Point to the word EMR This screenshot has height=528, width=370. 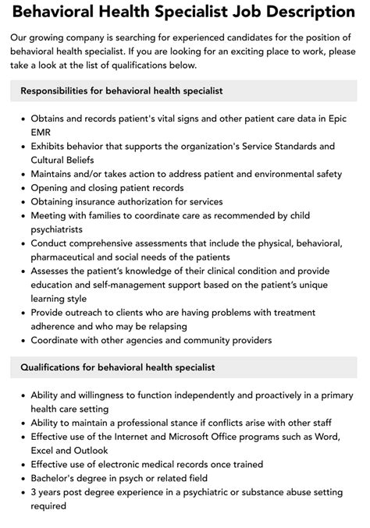click(42, 132)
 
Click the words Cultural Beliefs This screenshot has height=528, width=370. click(67, 160)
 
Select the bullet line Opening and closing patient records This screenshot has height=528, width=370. click(108, 188)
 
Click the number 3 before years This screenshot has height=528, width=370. click(34, 492)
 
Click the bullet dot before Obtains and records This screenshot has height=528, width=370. click(21, 118)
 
